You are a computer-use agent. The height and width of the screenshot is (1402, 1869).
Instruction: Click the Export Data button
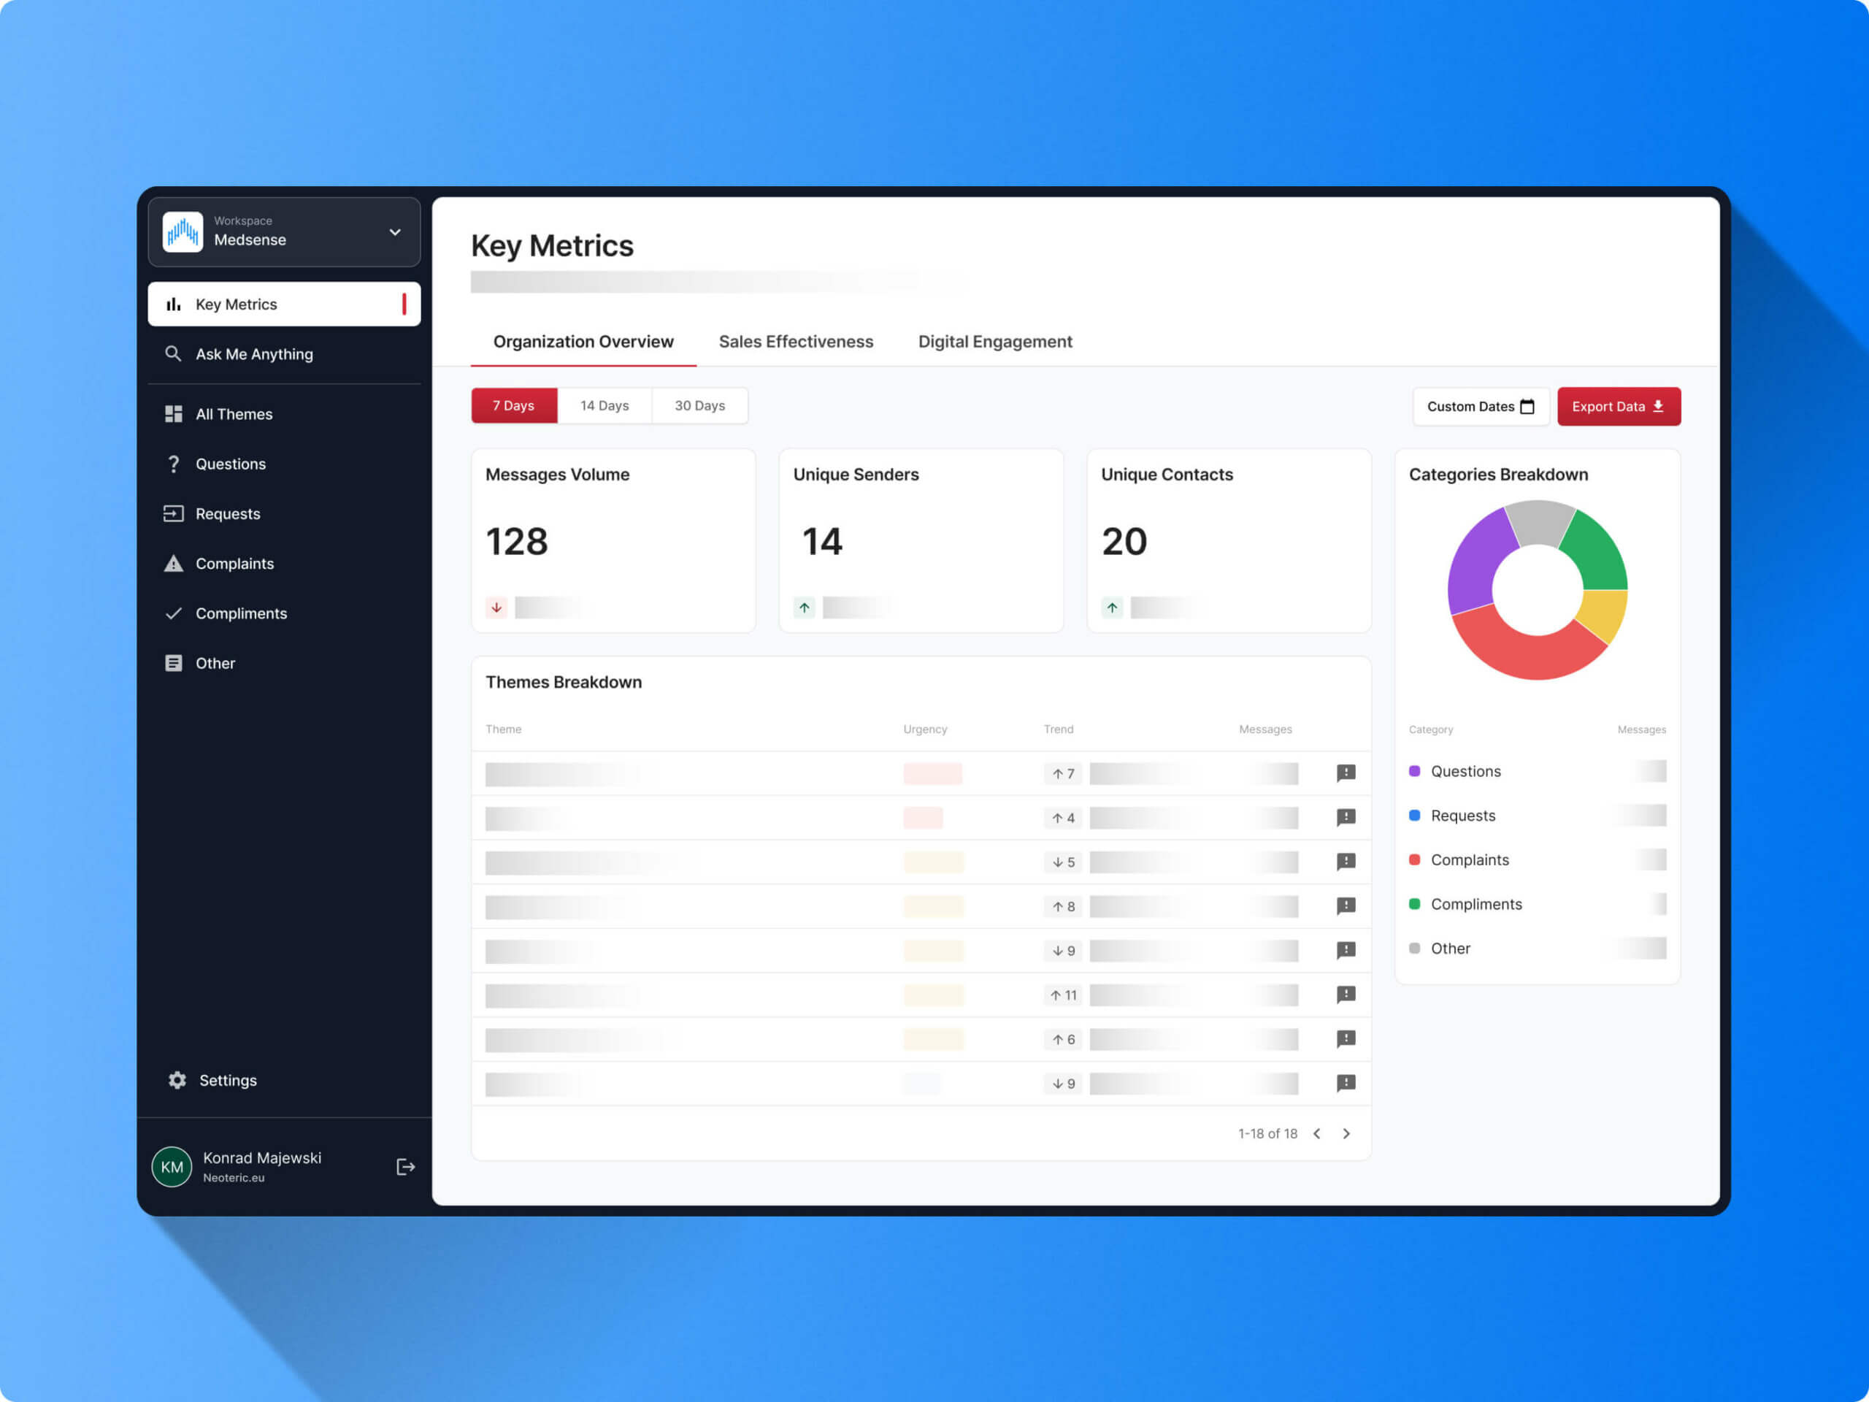(1618, 407)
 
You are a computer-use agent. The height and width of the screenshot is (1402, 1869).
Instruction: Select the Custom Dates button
(1481, 407)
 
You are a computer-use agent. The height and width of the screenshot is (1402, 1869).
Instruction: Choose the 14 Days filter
(604, 406)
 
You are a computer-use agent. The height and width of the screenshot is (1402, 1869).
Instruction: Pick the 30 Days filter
(699, 406)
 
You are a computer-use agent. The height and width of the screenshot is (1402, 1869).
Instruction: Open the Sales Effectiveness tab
(795, 342)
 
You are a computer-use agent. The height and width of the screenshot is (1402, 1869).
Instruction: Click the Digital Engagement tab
(994, 342)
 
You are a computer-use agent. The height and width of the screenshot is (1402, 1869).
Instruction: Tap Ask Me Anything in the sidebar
(253, 354)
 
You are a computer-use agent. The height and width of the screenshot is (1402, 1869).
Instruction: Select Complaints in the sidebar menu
(234, 564)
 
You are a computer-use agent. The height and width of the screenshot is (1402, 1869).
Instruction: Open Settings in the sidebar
(227, 1080)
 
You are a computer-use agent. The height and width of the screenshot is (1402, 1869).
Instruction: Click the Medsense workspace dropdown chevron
(394, 232)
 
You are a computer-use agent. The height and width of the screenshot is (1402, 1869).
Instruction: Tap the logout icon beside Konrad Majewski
(406, 1167)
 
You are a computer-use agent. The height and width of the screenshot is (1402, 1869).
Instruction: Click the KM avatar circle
(172, 1167)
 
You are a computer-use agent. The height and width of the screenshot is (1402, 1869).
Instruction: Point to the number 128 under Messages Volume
(516, 542)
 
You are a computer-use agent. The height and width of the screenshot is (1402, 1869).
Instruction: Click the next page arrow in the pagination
(1346, 1134)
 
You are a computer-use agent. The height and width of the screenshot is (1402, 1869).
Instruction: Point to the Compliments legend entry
(1475, 904)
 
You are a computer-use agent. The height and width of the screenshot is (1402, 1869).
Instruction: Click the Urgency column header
(924, 729)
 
